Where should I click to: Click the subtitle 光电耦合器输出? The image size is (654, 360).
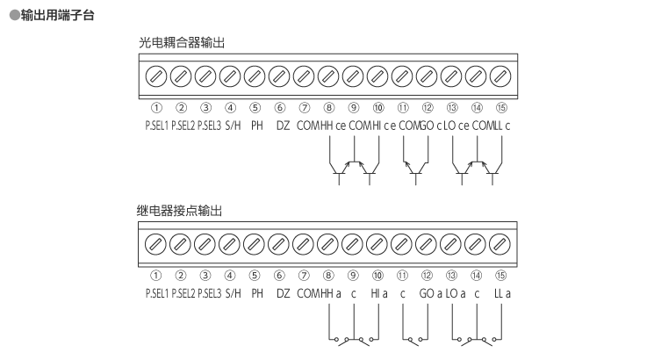[186, 43]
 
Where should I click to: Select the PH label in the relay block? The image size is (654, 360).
[256, 293]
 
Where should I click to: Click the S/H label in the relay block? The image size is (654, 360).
[233, 293]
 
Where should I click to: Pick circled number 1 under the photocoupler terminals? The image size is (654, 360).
[156, 109]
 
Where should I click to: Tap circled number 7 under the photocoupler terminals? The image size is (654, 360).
[304, 109]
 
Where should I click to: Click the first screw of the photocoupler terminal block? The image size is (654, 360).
[156, 76]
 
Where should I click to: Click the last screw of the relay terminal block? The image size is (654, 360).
[501, 243]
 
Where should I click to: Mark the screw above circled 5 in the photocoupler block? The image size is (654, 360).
[255, 76]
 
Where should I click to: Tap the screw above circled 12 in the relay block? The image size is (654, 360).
[428, 243]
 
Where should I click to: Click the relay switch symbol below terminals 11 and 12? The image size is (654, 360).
[415, 339]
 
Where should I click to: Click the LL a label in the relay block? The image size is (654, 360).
[502, 293]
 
